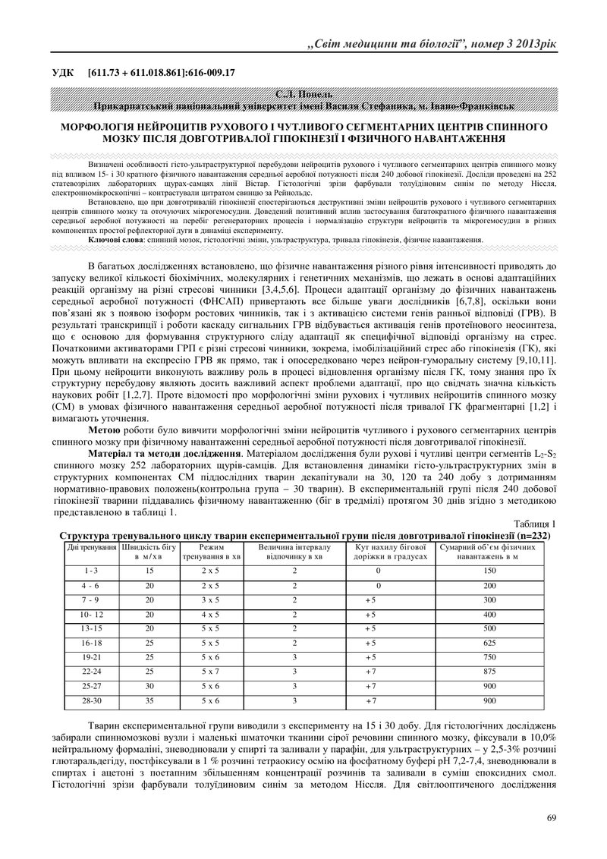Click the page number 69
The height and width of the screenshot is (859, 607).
[552, 817]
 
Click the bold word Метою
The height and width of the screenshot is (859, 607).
[104, 429]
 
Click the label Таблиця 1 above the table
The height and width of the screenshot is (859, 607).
[535, 524]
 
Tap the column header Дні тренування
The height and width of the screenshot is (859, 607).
[91, 546]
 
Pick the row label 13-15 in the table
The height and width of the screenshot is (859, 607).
[91, 628]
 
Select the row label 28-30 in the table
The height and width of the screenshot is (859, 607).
[91, 700]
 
